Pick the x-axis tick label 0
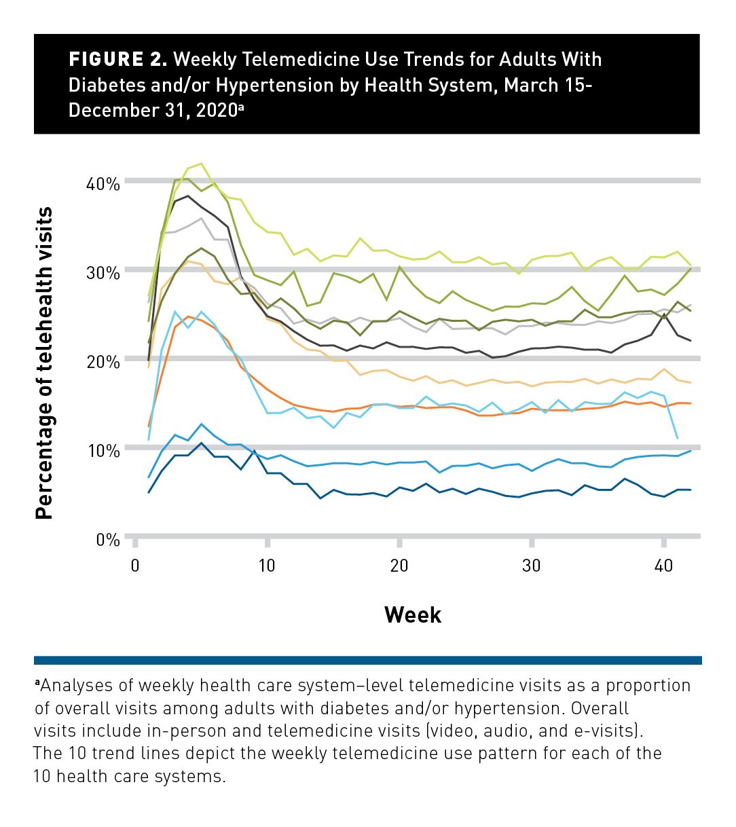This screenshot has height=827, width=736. point(134,566)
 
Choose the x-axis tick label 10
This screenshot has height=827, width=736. point(267,566)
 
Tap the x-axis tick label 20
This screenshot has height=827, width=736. point(399,566)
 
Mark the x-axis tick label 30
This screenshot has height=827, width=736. point(532,566)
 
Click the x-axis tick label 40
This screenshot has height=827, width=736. point(664,566)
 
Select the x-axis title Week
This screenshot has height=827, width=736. point(413,615)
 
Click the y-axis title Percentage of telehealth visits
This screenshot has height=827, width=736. point(45,363)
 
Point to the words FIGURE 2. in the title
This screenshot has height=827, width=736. point(117,60)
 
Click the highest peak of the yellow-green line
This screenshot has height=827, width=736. point(201,164)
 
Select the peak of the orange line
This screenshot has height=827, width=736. point(188,316)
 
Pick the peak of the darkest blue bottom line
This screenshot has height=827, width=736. point(201,443)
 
